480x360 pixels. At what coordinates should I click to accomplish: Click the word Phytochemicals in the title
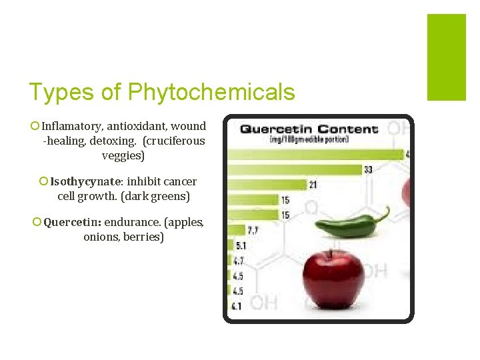click(211, 92)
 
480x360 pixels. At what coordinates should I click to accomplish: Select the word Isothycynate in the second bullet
click(86, 181)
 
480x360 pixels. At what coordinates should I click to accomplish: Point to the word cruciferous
click(173, 141)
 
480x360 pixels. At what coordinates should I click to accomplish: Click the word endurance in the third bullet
click(136, 222)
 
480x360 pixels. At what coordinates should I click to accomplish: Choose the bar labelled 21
click(267, 184)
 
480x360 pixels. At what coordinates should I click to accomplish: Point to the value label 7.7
click(252, 231)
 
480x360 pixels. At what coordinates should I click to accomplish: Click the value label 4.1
click(236, 307)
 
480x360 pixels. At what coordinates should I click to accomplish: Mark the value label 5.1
click(241, 246)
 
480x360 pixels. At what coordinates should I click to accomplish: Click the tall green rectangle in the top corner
click(446, 57)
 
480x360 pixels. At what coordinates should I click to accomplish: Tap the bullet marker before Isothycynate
click(43, 181)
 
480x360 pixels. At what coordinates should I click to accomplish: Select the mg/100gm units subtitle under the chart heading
click(309, 140)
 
